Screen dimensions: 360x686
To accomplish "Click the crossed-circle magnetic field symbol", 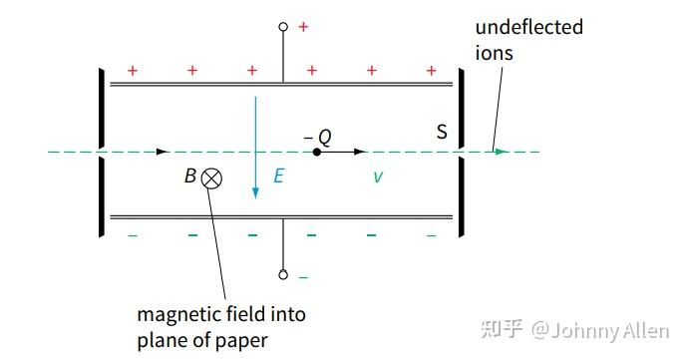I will [x=211, y=179].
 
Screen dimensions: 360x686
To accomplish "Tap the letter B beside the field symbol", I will [x=189, y=178].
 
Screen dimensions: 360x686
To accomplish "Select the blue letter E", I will [x=279, y=177].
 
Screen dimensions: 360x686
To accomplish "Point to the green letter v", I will [x=377, y=177].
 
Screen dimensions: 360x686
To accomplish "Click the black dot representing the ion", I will [x=316, y=152].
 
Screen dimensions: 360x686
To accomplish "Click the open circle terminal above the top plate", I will [x=283, y=27].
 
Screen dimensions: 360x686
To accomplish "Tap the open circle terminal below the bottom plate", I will [x=283, y=274].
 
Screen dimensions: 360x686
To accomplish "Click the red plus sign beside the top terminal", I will [x=303, y=27].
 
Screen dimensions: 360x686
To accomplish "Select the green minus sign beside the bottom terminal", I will [x=303, y=276].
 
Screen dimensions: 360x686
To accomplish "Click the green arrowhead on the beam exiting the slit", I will [x=502, y=152].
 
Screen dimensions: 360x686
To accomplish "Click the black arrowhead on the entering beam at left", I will [x=163, y=152].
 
